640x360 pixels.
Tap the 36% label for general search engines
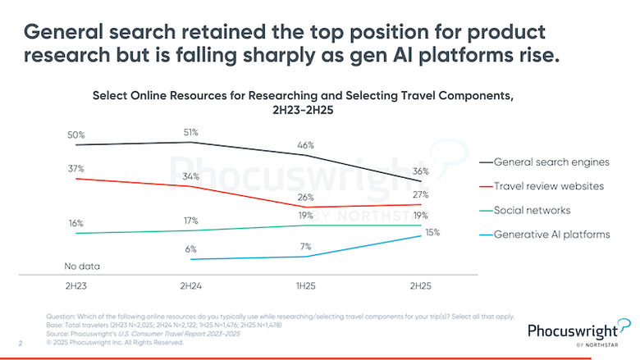[421, 171]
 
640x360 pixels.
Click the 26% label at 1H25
[305, 196]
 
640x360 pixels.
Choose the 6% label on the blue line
[190, 248]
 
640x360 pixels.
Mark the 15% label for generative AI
[432, 232]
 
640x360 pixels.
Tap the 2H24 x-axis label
[191, 288]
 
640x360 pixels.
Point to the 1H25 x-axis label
[305, 288]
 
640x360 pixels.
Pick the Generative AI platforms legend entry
[557, 235]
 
